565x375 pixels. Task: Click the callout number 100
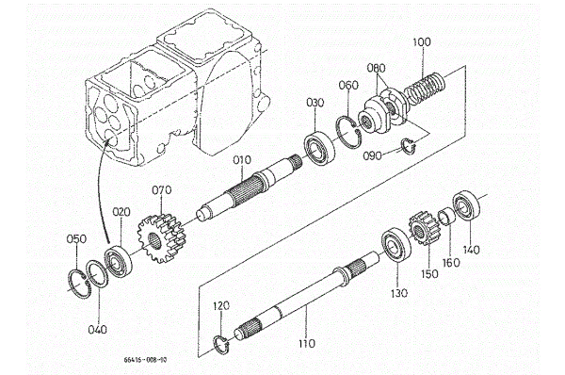pos(422,41)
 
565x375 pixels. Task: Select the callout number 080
pos(376,68)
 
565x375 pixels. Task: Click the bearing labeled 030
pos(319,150)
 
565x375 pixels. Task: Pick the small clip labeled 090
pos(409,145)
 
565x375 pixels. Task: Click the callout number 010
pos(242,160)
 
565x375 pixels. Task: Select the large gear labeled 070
pos(162,237)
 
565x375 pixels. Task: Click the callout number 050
pos(77,238)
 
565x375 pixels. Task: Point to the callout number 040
pos(98,329)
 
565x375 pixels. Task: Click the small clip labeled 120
pos(220,344)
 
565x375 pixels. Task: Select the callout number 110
pos(307,343)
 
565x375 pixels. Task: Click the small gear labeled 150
pos(425,229)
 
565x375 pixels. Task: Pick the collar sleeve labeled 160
pos(445,217)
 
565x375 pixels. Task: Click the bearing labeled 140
pos(467,208)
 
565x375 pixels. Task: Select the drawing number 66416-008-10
pos(145,360)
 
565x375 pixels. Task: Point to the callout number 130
pos(399,293)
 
